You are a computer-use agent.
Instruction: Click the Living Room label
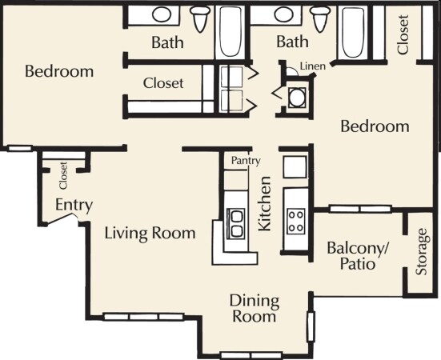(x=150, y=234)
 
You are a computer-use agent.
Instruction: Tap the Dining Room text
(x=255, y=308)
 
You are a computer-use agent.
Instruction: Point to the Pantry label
(x=246, y=161)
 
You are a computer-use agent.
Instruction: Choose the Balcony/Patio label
(x=358, y=254)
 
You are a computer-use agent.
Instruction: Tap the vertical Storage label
(x=422, y=253)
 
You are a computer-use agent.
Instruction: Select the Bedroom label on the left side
(x=59, y=71)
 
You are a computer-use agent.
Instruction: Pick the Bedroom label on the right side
(x=375, y=126)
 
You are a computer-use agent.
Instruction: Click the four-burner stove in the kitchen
(x=295, y=220)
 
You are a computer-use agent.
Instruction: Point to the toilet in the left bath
(x=201, y=17)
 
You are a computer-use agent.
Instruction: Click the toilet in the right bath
(x=321, y=17)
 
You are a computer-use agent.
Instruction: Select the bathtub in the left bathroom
(x=231, y=32)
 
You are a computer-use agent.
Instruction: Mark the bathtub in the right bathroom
(x=352, y=32)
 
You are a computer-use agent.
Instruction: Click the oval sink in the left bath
(x=162, y=14)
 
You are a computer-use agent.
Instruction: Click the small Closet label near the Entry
(x=62, y=175)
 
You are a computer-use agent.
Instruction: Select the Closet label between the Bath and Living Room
(x=163, y=82)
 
